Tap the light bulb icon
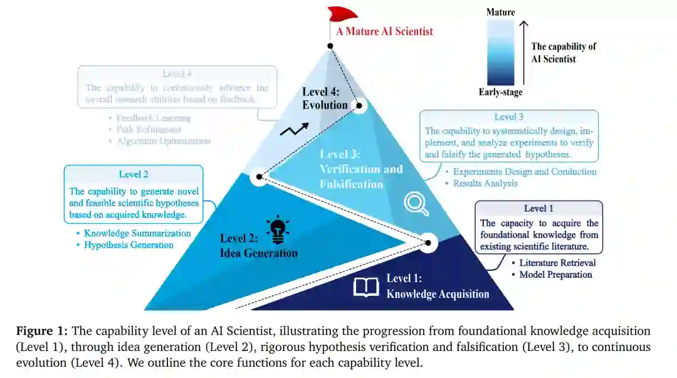coord(276,229)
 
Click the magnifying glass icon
coord(416,203)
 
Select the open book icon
coord(366,287)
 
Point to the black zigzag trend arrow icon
coord(294,130)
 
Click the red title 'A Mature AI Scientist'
coord(384,31)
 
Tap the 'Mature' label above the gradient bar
coord(500,12)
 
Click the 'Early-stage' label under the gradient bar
coord(500,93)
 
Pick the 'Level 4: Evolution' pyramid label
coord(325,98)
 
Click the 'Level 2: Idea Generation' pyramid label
coord(259,246)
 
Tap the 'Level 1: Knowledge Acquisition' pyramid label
coord(437,286)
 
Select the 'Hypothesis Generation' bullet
coord(129,245)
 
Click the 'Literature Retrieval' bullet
coord(557,263)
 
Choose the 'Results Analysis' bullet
coord(485,183)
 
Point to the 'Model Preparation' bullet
coord(555,275)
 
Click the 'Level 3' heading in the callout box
coord(509,117)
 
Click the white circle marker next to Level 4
coord(359,105)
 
